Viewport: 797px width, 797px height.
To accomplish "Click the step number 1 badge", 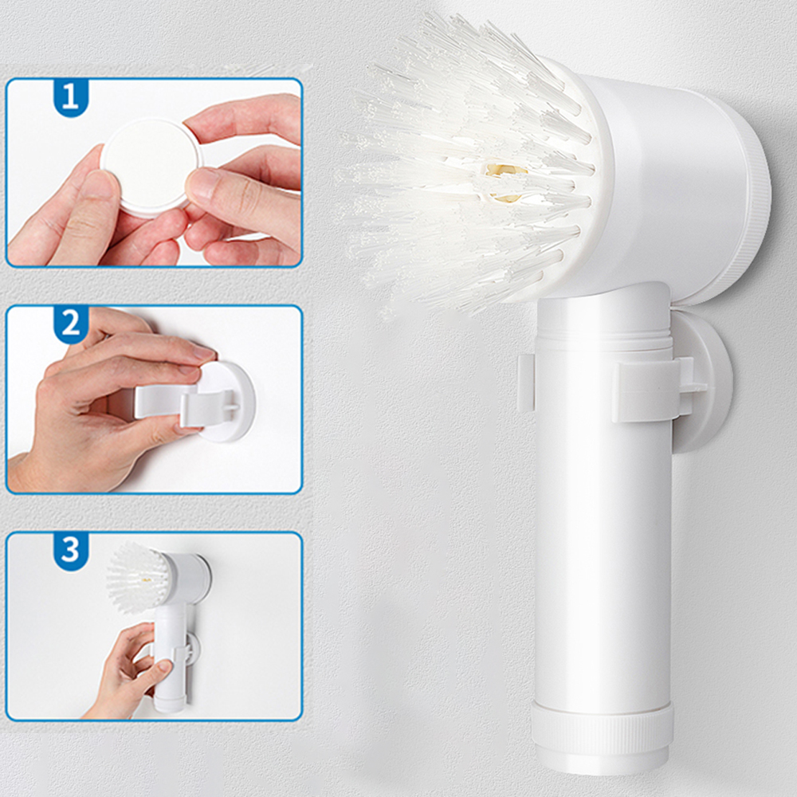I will (x=71, y=97).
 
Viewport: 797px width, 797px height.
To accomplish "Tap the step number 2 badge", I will (x=71, y=324).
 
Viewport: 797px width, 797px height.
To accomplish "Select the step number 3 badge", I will (x=71, y=550).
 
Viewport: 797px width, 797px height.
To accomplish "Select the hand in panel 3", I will (x=128, y=673).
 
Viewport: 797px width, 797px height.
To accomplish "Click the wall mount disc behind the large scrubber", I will (x=701, y=383).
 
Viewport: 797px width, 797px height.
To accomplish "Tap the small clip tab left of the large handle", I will (x=525, y=383).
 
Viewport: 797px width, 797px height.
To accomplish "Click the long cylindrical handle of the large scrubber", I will (x=603, y=542).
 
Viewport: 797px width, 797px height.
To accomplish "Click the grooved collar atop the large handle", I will (x=603, y=327).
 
